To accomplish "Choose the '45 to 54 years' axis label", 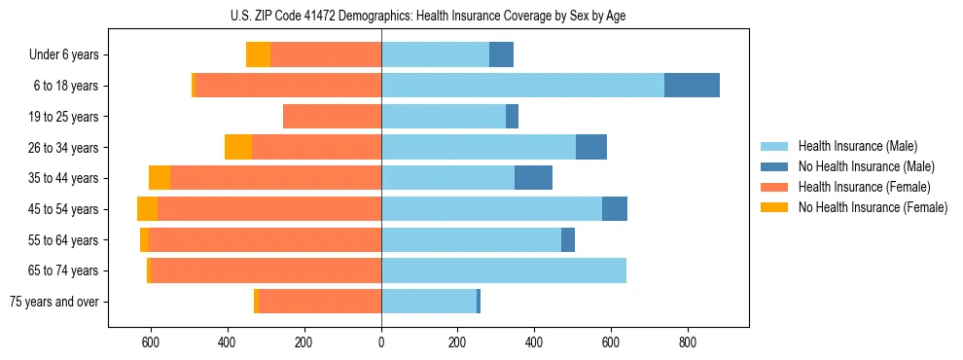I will pyautogui.click(x=63, y=209).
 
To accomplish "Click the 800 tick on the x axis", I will pyautogui.click(x=688, y=342).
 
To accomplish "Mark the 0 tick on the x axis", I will pyautogui.click(x=381, y=342).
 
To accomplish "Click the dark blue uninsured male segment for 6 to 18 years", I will pyautogui.click(x=692, y=86).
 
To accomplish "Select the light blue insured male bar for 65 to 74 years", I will pyautogui.click(x=504, y=270).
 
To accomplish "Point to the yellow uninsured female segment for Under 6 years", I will pyautogui.click(x=258, y=54).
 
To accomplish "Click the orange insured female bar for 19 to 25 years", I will pyautogui.click(x=332, y=117).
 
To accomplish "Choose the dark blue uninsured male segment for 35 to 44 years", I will pyautogui.click(x=533, y=178).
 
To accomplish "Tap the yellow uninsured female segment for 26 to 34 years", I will pyautogui.click(x=238, y=147).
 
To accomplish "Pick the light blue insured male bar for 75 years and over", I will pyautogui.click(x=429, y=302).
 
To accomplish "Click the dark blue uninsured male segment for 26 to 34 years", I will pyautogui.click(x=591, y=147).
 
